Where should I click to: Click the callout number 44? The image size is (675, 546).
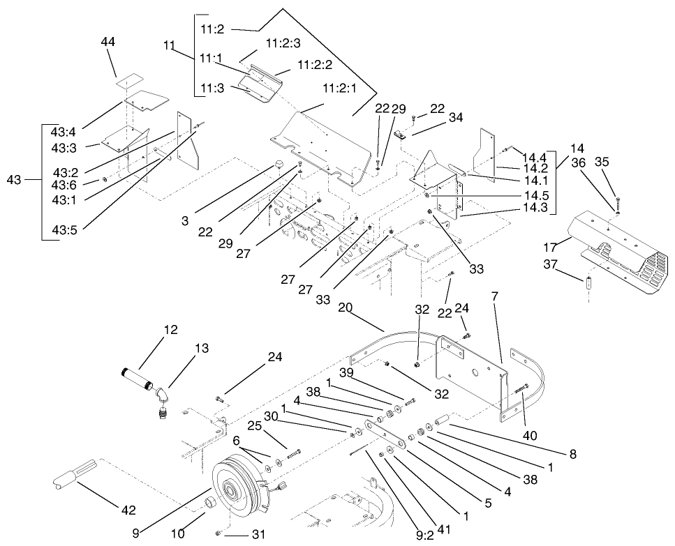click(x=107, y=43)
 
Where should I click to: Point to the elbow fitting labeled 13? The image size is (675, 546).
click(x=163, y=397)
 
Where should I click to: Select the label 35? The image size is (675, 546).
click(x=602, y=162)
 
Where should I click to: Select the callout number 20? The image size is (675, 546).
click(x=346, y=306)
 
